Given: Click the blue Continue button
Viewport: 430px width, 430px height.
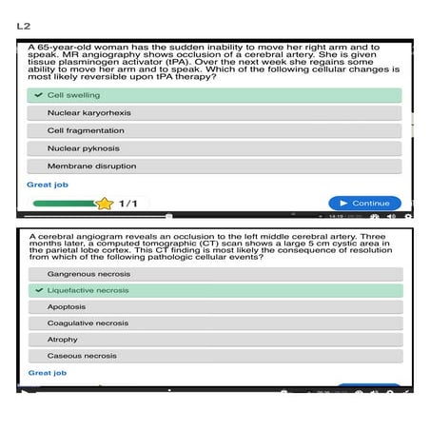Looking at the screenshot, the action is tap(364, 203).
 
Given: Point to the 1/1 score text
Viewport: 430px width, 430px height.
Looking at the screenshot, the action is tap(127, 203).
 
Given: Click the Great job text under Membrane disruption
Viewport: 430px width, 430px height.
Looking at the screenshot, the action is tap(47, 185).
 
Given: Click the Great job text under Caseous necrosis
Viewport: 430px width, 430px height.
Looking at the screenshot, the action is tap(47, 373).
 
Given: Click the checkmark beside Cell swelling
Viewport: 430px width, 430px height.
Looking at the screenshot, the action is tap(37, 95).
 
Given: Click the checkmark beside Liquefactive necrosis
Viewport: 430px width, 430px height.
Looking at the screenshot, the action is tap(37, 290).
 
